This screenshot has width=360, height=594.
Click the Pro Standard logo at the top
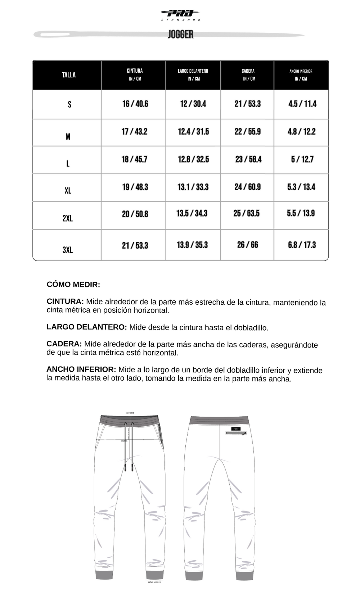pos(180,14)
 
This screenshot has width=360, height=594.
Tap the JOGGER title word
pos(180,35)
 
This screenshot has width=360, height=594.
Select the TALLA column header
pos(69,75)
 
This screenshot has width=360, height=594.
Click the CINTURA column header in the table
pos(135,74)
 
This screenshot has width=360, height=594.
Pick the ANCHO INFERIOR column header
pos(301,74)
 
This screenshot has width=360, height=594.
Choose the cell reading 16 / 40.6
pos(135,104)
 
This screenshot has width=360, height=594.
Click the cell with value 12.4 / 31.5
pos(193,132)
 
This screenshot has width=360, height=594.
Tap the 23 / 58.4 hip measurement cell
pos(248,159)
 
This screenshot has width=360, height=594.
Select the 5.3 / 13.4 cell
pos(301,187)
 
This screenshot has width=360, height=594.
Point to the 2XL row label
pos(68,218)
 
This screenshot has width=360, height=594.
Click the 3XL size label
pos(68,250)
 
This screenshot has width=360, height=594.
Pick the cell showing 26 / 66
pos(247,245)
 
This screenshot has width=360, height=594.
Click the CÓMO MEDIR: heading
pos(73,285)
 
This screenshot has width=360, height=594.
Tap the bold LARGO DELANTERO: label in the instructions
pos(87,327)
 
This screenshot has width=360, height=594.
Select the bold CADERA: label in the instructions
pos(64,344)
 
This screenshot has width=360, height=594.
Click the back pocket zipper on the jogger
pos(236,433)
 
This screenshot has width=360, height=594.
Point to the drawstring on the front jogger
pos(129,446)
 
